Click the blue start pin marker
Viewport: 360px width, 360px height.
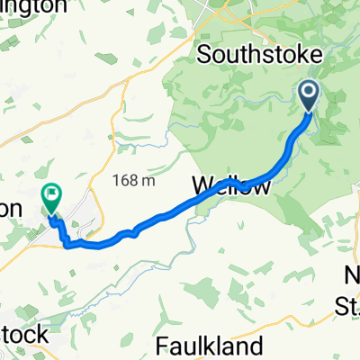[x=308, y=94]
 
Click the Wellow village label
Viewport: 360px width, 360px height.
[x=231, y=187]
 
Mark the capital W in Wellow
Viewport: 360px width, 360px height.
[x=203, y=187]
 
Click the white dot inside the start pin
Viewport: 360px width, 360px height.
[x=308, y=91]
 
